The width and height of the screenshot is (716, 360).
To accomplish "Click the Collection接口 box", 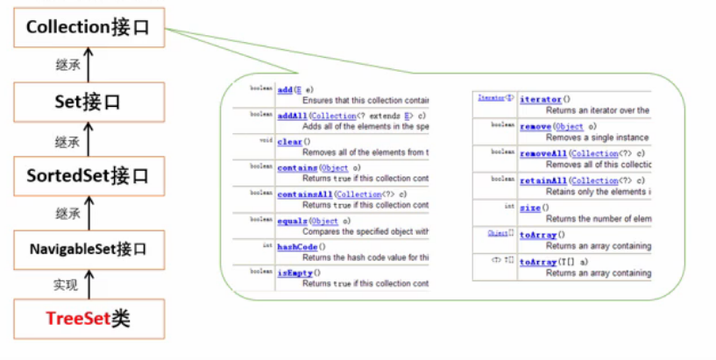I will pyautogui.click(x=88, y=27).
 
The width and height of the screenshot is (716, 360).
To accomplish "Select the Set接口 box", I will pyautogui.click(x=88, y=102).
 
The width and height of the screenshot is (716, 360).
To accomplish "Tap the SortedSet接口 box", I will pyautogui.click(x=88, y=176).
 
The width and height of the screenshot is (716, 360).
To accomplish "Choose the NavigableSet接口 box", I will pyautogui.click(x=88, y=250).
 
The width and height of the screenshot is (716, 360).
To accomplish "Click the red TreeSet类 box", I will pyautogui.click(x=88, y=320).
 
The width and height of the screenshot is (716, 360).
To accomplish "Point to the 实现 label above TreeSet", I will pyautogui.click(x=67, y=285).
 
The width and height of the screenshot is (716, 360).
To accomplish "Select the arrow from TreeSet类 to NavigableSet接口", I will pyautogui.click(x=88, y=285).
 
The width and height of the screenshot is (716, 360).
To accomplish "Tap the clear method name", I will pyautogui.click(x=289, y=141).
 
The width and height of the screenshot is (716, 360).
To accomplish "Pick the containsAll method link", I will pyautogui.click(x=304, y=194).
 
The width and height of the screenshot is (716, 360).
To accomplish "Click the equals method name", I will pyautogui.click(x=292, y=221).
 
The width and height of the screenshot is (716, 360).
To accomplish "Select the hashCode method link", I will pyautogui.click(x=296, y=247).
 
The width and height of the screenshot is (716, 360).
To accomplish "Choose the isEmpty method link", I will pyautogui.click(x=294, y=272).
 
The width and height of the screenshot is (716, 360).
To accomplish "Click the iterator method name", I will pyautogui.click(x=541, y=100).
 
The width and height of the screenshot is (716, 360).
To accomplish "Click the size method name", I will pyautogui.click(x=530, y=208).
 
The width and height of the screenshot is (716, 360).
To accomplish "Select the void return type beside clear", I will pyautogui.click(x=266, y=140).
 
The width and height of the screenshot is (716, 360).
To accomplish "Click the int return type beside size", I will pyautogui.click(x=509, y=207).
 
